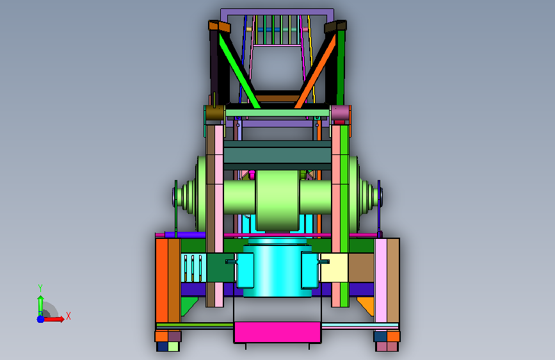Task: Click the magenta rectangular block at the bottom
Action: (x=277, y=332)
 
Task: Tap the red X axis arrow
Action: (x=54, y=319)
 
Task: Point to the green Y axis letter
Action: (x=40, y=288)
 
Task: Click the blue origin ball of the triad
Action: (x=40, y=319)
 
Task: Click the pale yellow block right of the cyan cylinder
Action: (x=334, y=268)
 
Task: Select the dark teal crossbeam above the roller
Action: (x=277, y=155)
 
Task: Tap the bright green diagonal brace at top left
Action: (x=239, y=70)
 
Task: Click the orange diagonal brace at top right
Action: (x=316, y=71)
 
